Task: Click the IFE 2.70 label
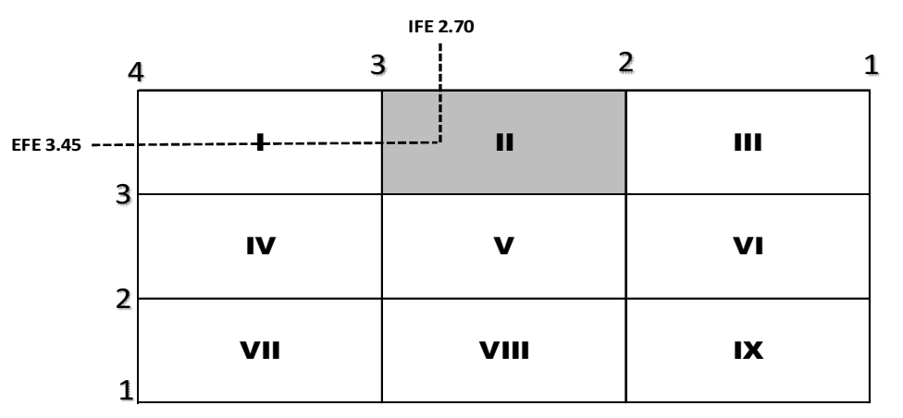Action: pos(440,28)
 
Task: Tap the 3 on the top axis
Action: pos(377,64)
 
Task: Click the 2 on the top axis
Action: pos(625,63)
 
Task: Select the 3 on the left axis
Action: pos(120,196)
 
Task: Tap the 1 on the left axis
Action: pos(126,389)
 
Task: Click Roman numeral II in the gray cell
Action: pos(504,143)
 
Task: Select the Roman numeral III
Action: pos(748,143)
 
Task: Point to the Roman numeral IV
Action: pos(260,247)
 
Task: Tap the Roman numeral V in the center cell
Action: pos(504,247)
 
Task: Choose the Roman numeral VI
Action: pos(748,247)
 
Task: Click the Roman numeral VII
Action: pos(260,351)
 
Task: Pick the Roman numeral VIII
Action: pos(504,351)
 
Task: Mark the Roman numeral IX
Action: pos(748,351)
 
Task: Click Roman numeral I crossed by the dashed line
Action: pos(261,142)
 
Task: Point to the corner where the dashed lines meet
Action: pos(440,142)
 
